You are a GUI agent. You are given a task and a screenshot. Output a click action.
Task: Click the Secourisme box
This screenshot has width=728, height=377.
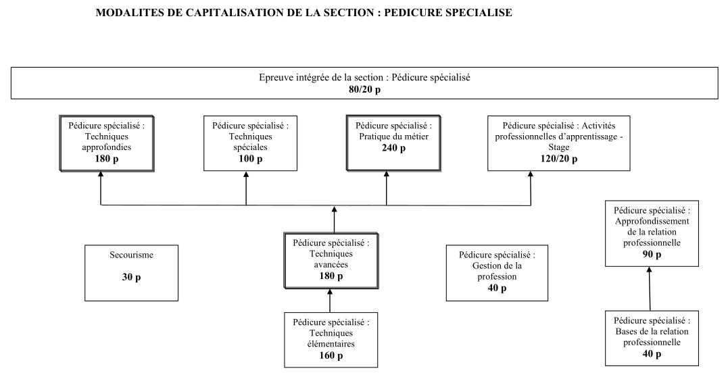click(x=132, y=272)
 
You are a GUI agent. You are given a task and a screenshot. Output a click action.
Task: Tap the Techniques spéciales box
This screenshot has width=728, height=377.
click(x=245, y=143)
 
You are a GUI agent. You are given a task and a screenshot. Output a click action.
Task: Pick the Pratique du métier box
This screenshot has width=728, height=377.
click(x=386, y=143)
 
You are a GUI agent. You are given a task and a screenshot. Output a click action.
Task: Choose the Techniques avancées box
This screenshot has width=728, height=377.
click(x=331, y=259)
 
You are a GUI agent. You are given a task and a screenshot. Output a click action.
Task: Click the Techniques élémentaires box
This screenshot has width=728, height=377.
click(x=331, y=338)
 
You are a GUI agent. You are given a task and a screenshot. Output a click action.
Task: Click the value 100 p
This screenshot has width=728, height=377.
click(x=245, y=159)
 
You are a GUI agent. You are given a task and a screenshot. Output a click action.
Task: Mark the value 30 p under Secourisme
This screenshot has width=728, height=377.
click(x=132, y=278)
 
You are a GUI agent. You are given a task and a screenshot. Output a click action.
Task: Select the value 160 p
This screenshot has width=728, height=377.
click(x=331, y=356)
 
